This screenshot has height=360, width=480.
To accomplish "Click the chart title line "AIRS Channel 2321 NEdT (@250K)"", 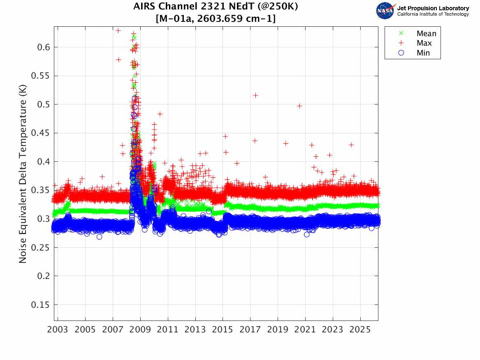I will coord(216,7).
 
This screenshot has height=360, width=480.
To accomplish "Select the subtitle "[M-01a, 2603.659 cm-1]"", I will coord(216,19).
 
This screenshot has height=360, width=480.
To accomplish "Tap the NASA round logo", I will coord(385,11).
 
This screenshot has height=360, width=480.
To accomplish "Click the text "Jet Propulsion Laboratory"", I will coord(433,8).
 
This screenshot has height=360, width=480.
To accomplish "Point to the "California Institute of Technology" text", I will coord(433,14).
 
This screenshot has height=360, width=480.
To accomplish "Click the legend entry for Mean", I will coord(426,34).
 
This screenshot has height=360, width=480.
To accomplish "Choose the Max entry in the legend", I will coord(424,43).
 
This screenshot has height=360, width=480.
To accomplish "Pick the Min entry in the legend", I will coord(423,53).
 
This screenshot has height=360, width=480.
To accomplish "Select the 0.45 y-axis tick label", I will coord(40,133).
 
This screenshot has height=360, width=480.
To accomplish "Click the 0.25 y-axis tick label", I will coord(40,248).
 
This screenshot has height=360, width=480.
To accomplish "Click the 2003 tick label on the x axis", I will coord(58,330).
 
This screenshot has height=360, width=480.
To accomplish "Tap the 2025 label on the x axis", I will coord(360,330).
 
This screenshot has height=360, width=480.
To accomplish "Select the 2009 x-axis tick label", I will coord(140,330).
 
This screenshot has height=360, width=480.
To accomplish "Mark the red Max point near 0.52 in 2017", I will coord(255,95).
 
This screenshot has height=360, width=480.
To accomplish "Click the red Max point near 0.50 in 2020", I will coord(299,106).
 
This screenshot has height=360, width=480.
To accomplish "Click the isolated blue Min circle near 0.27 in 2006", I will coord(99,237).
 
